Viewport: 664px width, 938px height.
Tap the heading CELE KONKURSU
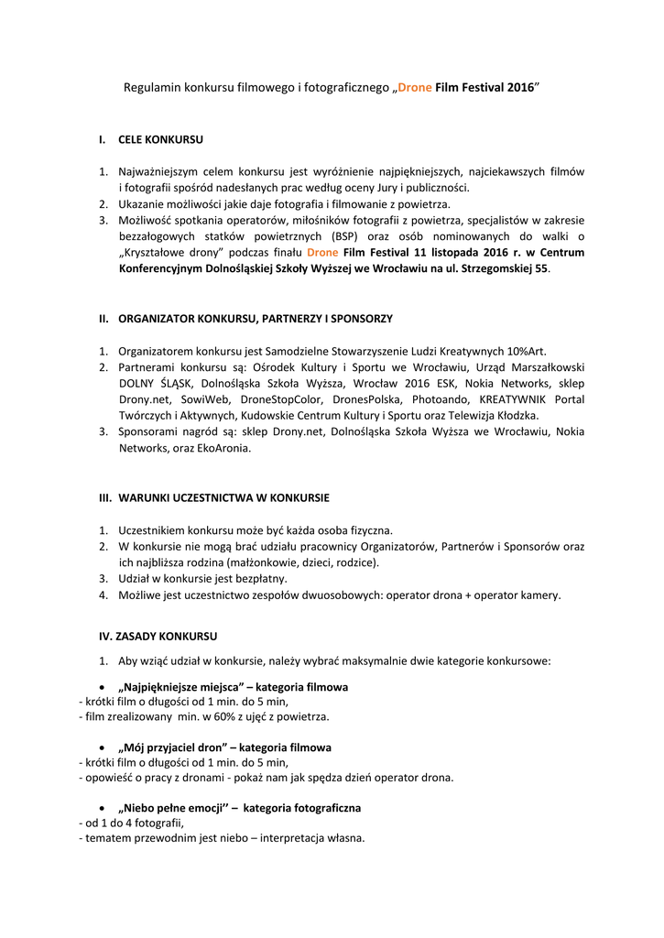coord(161,140)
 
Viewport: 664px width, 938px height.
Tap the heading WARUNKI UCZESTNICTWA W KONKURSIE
coord(223,498)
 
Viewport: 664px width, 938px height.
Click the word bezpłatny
coord(259,579)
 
